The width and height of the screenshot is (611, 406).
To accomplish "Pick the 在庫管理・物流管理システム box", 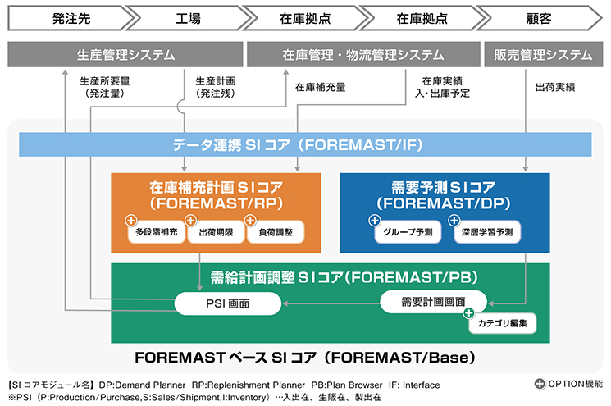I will point(362,55).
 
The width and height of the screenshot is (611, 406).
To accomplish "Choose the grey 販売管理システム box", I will point(543,55).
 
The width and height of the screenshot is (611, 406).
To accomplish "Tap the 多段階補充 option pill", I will point(156,233).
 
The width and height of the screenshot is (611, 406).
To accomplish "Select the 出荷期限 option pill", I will point(216,233).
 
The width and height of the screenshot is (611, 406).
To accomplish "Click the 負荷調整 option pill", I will point(276,233).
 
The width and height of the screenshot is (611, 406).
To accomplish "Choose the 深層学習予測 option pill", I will point(486,233).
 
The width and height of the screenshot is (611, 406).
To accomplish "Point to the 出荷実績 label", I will point(554,85).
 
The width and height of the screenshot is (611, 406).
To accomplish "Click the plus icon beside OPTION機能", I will point(539,383).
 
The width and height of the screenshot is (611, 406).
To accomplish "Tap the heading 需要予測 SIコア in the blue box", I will point(445,188).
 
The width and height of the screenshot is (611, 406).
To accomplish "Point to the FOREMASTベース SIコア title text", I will point(305,358).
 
